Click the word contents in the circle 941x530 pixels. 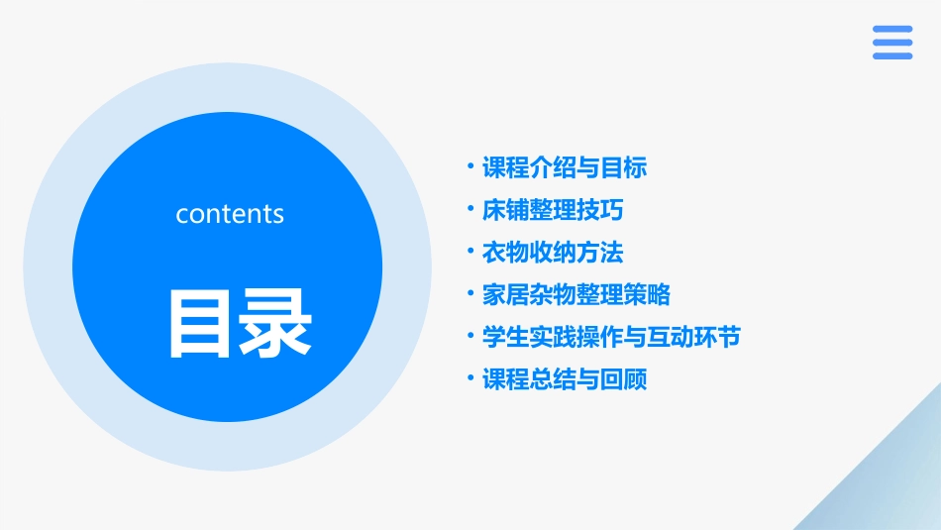[230, 214]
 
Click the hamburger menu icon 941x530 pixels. [892, 43]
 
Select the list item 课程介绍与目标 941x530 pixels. [564, 168]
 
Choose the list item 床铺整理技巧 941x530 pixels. [552, 210]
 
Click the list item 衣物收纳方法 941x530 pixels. [552, 253]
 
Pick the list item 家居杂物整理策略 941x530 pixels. [575, 294]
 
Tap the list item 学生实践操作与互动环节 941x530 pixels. [610, 337]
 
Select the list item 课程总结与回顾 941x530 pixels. [564, 379]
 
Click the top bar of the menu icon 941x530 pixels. [892, 30]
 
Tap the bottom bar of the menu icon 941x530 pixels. [892, 56]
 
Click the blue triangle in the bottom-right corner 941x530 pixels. [891, 485]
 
